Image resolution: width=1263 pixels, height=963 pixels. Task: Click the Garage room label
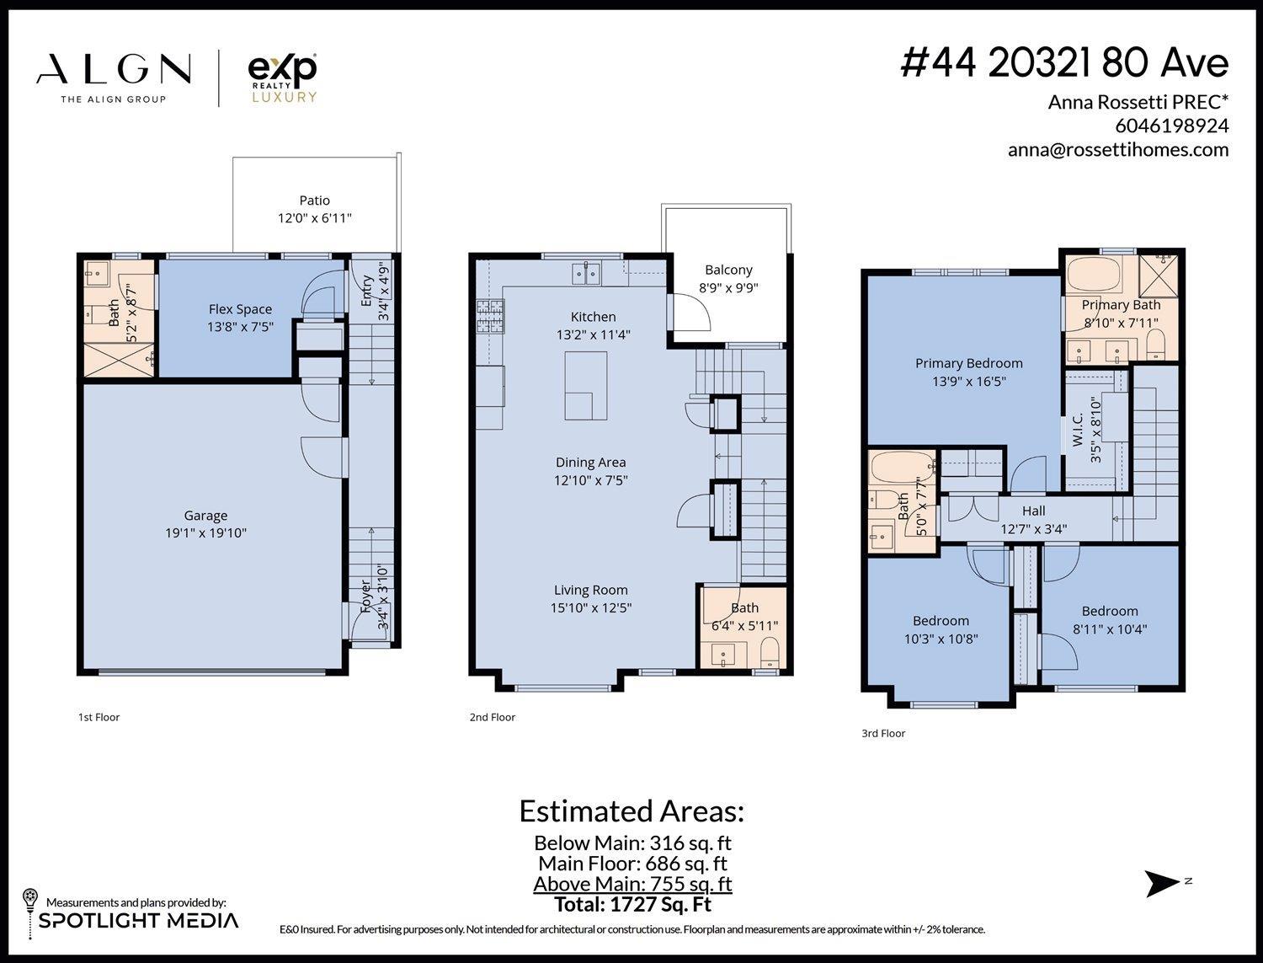pos(205,516)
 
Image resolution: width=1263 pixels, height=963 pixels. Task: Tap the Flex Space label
pos(240,309)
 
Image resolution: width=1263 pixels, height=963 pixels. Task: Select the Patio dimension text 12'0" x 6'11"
pos(315,218)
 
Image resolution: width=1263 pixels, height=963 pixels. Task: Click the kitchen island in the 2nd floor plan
pos(586,386)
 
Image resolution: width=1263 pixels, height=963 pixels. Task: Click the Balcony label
pos(728,270)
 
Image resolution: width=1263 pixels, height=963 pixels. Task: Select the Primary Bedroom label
pos(968,363)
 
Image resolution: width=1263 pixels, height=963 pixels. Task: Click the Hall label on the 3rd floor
pos(1033,511)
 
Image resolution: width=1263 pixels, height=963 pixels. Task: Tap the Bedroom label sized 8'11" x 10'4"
pos(1109,611)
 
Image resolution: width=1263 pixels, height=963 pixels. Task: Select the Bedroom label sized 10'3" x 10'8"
pos(941,621)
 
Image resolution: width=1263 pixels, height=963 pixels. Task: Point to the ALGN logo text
pos(114,70)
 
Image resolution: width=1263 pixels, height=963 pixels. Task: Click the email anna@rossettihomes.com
pos(1117,150)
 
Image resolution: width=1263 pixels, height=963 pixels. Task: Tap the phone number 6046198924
pos(1171,126)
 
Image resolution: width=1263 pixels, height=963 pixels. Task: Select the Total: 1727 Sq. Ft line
pos(632,905)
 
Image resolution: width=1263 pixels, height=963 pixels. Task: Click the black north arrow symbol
pos(1163,883)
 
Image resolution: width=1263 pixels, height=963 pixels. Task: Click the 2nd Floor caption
pos(492,717)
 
